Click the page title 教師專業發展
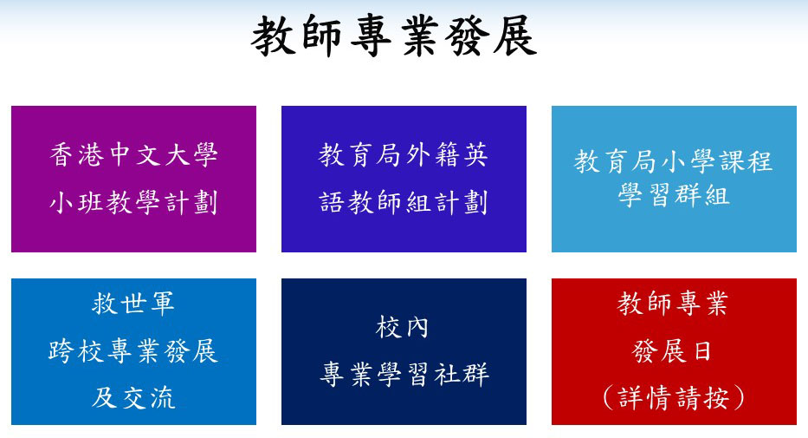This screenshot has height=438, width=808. pyautogui.click(x=394, y=36)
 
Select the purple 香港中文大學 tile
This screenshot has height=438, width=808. pyautogui.click(x=133, y=179)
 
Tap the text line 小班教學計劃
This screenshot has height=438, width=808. pyautogui.click(x=133, y=203)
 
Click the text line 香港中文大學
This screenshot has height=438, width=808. pyautogui.click(x=133, y=154)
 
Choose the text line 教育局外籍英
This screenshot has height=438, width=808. pyautogui.click(x=403, y=154)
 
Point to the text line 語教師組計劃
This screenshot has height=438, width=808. pyautogui.click(x=403, y=203)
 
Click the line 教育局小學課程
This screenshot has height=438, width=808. pyautogui.click(x=674, y=161)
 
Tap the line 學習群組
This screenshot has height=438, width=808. pyautogui.click(x=674, y=195)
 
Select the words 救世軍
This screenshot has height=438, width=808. pyautogui.click(x=133, y=304)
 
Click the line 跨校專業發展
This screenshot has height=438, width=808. pyautogui.click(x=133, y=351)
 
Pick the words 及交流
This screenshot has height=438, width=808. pyautogui.click(x=133, y=398)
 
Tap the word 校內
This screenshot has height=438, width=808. pyautogui.click(x=403, y=327)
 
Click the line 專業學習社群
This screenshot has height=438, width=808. pyautogui.click(x=404, y=375)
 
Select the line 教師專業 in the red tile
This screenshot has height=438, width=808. pyautogui.click(x=673, y=304)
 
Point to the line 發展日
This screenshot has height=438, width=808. pyautogui.click(x=673, y=351)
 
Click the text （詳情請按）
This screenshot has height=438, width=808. pyautogui.click(x=674, y=398)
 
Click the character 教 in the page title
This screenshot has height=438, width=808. pyautogui.click(x=273, y=36)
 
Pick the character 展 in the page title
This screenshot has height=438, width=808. pyautogui.click(x=514, y=36)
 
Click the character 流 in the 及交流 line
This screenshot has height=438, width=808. pyautogui.click(x=163, y=398)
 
